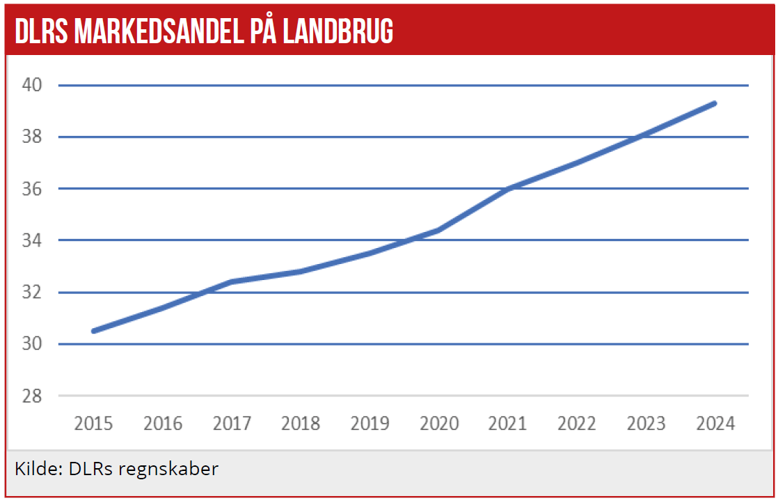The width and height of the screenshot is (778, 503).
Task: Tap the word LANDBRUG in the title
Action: [338, 31]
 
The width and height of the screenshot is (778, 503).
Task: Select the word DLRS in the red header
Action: [40, 31]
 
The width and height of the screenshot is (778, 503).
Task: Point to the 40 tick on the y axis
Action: [32, 85]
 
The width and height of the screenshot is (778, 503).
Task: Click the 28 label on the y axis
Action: [32, 396]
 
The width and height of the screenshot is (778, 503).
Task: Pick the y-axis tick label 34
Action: [32, 240]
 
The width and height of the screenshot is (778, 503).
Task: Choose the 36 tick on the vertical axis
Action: [32, 189]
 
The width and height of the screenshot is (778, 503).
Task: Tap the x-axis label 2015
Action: [93, 423]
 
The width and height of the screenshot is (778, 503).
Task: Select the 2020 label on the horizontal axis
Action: [439, 423]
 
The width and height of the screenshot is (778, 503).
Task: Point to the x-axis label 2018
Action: [301, 423]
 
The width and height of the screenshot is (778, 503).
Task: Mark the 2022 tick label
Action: [577, 423]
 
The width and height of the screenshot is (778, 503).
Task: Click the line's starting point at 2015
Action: [94, 331]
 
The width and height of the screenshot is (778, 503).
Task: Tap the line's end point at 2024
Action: [715, 103]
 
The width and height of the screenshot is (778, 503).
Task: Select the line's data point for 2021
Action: [508, 189]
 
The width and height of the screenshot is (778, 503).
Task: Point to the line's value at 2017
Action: [232, 281]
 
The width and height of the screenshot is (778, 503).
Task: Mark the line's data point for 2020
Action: [439, 230]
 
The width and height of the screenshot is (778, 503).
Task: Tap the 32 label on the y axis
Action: [32, 292]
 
